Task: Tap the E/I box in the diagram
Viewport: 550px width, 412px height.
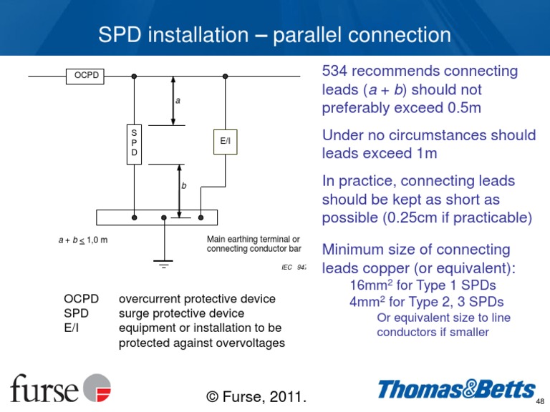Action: (225, 142)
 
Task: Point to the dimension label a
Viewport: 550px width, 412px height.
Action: (178, 101)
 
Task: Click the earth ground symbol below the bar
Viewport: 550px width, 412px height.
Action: (165, 263)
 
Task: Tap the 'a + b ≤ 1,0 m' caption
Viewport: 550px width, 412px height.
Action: (83, 240)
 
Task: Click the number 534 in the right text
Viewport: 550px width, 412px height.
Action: (337, 72)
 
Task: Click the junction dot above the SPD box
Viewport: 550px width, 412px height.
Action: (133, 76)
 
